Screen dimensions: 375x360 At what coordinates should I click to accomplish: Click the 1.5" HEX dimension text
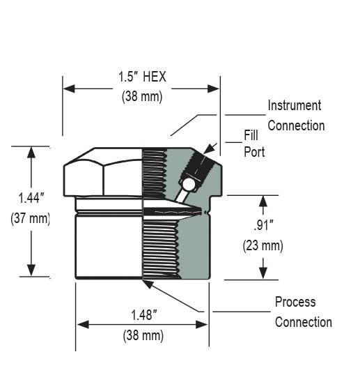[142, 77]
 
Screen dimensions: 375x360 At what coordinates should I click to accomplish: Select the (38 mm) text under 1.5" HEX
[142, 97]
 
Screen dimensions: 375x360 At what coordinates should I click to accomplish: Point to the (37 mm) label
[31, 218]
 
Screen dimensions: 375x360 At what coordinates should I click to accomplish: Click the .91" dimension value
[263, 226]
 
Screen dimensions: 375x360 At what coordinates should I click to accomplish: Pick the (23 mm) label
[263, 245]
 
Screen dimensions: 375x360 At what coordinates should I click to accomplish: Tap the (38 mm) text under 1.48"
[142, 335]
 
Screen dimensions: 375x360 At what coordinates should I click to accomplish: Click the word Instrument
[295, 106]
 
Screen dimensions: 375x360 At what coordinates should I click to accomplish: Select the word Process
[295, 302]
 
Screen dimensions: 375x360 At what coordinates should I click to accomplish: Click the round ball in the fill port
[187, 185]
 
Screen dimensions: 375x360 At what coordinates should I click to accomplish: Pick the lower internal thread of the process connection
[159, 247]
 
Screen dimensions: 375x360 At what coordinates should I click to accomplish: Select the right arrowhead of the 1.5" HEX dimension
[215, 88]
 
